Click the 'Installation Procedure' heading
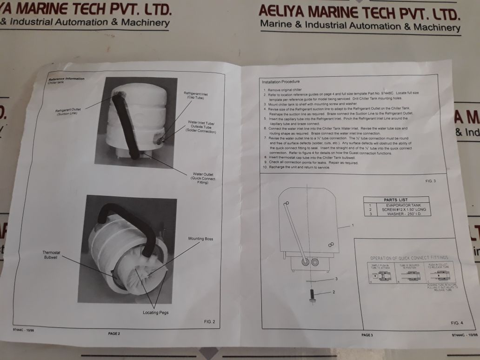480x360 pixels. pyautogui.click(x=280, y=82)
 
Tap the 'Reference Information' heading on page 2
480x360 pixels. pyautogui.click(x=67, y=79)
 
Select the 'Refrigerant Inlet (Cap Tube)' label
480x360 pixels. pyautogui.click(x=196, y=96)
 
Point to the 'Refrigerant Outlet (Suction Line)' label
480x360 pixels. pyautogui.click(x=69, y=113)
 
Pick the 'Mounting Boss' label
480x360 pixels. pyautogui.click(x=200, y=239)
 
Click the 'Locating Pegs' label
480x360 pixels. pyautogui.click(x=155, y=313)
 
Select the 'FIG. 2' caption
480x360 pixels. pyautogui.click(x=210, y=321)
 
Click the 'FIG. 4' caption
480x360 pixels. pyautogui.click(x=457, y=323)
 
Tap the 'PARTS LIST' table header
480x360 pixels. pyautogui.click(x=396, y=200)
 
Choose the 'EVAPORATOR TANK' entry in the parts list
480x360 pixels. pyautogui.click(x=402, y=205)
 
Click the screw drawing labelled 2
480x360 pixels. pyautogui.click(x=312, y=295)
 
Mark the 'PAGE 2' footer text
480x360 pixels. pyautogui.click(x=114, y=333)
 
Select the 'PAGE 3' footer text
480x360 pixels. pyautogui.click(x=367, y=335)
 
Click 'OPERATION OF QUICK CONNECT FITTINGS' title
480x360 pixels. pyautogui.click(x=409, y=257)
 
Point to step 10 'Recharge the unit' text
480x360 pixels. pyautogui.click(x=299, y=167)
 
